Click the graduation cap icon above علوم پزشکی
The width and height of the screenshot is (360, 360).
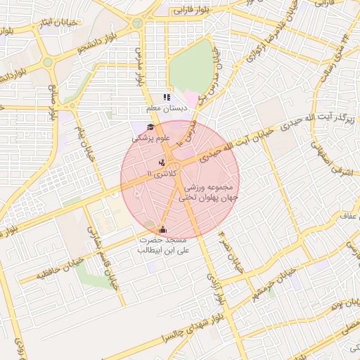click(x=150, y=127)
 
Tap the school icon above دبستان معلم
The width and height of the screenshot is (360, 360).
click(x=167, y=98)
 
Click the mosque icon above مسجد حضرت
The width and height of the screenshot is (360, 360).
click(x=163, y=229)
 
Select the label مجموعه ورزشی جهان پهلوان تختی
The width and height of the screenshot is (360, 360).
click(x=211, y=194)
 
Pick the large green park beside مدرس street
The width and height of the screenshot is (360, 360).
click(x=191, y=67)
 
